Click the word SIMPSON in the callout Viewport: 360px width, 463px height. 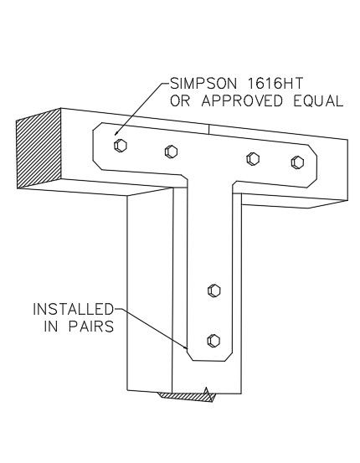pos(203,84)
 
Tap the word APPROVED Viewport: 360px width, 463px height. pos(242,101)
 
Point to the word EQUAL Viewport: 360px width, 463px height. pos(318,101)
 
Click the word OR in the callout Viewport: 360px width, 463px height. pos(180,101)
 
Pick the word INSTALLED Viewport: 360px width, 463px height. pos(73,309)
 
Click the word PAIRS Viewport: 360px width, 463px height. pos(91,327)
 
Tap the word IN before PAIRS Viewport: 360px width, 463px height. pos(51,327)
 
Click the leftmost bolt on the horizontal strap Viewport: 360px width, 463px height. pos(121,146)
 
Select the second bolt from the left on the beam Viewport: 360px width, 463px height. pos(171,152)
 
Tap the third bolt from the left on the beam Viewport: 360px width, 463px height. pos(253,158)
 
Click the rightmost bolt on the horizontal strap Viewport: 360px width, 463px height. pos(298,162)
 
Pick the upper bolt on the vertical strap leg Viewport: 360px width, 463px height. pos(214,291)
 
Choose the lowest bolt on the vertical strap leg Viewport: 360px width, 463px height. pos(213,340)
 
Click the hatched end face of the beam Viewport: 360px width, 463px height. pos(39,148)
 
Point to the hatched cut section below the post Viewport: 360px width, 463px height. pos(186,397)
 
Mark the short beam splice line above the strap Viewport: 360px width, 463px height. pos(208,129)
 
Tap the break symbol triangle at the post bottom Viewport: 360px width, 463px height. pos(207,394)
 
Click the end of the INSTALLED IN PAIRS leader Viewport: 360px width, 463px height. pos(187,348)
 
